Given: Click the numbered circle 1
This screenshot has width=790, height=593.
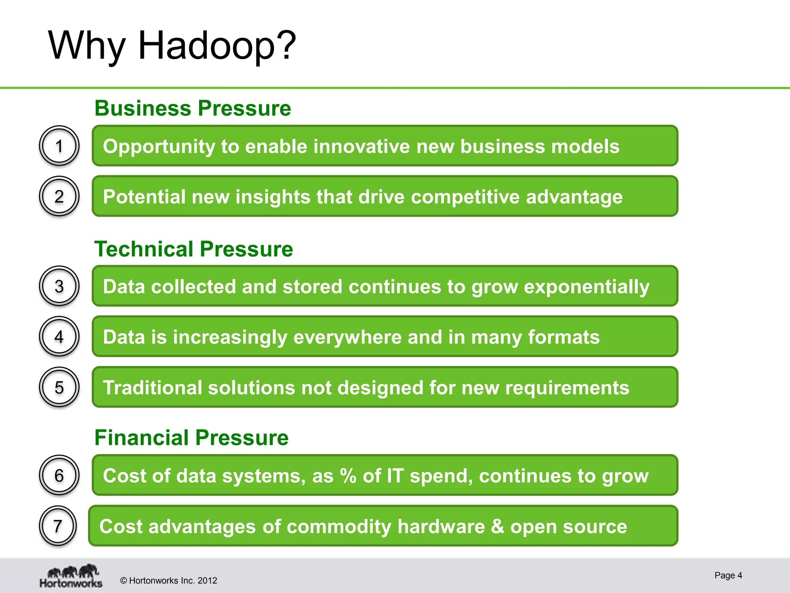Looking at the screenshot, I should (x=59, y=146).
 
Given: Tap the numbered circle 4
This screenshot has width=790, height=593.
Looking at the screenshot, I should (x=59, y=337).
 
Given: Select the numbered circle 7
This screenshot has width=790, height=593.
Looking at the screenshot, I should (x=58, y=525).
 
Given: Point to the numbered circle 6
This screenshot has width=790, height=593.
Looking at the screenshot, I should (x=59, y=475).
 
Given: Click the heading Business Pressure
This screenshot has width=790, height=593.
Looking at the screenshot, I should (x=192, y=108).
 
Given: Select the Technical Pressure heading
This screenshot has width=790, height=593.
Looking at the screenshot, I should (x=194, y=249).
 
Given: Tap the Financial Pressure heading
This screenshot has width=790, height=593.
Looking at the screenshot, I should (x=191, y=438).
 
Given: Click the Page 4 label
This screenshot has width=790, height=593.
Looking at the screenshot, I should (x=728, y=575).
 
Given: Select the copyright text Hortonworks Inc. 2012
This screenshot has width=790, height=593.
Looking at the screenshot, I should (x=169, y=581).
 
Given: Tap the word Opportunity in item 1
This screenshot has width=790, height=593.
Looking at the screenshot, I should (x=159, y=147).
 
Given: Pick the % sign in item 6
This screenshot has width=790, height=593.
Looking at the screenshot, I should (x=348, y=476).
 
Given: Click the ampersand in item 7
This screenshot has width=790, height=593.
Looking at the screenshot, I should (x=497, y=526).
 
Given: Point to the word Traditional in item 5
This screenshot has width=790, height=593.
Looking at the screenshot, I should (x=153, y=388).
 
